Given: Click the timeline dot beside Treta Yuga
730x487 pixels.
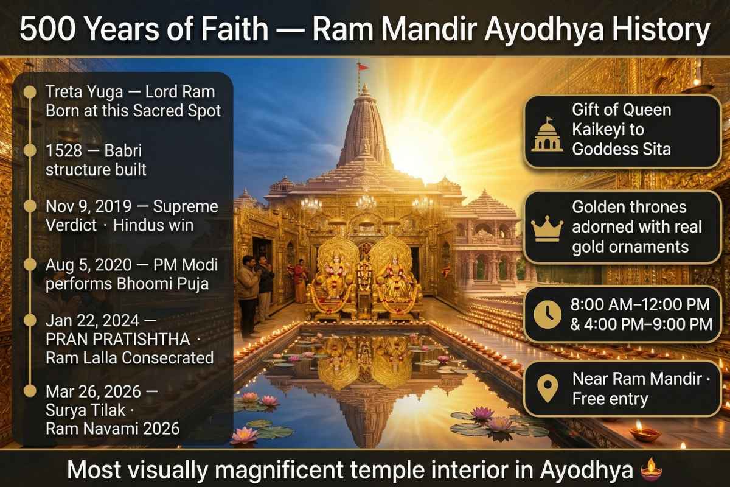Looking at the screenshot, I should click(x=28, y=93).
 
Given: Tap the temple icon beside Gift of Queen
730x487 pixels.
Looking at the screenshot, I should click(x=547, y=135).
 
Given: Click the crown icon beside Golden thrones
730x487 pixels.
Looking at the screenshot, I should click(x=547, y=228).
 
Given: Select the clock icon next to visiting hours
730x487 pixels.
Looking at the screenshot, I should click(x=547, y=314).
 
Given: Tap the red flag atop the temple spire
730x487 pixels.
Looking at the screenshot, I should click(x=363, y=66).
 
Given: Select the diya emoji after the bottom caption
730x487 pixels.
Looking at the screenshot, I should click(x=650, y=471).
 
